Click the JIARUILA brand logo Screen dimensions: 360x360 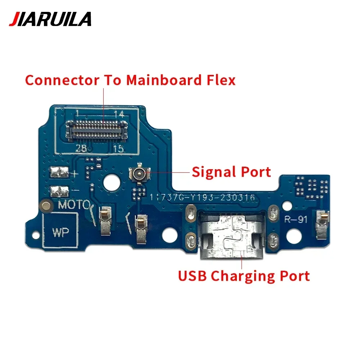click(50, 19)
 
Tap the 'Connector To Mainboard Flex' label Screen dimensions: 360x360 click(130, 80)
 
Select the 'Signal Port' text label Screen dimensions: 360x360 click(231, 172)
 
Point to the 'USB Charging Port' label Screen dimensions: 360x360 click(244, 276)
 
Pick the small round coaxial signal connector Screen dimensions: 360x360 click(138, 174)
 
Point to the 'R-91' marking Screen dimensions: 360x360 click(296, 219)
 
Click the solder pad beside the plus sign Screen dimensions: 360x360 click(59, 173)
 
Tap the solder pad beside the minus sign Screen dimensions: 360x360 click(59, 190)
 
